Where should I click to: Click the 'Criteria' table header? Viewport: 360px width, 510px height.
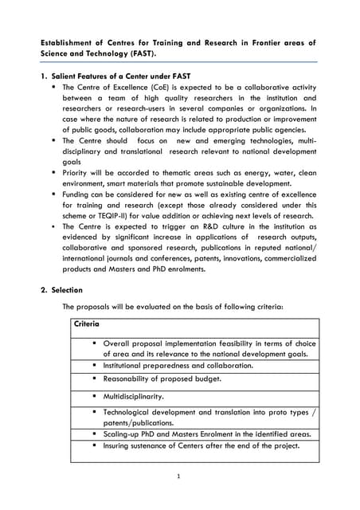pos(86,324)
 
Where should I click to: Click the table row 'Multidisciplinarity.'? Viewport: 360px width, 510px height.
pos(133,395)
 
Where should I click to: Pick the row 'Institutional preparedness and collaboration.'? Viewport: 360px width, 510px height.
pos(178,365)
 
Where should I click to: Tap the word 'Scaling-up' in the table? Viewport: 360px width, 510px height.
pos(123,434)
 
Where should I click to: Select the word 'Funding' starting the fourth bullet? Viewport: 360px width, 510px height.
pos(77,193)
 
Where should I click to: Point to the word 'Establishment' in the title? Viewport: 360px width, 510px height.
pos(71,41)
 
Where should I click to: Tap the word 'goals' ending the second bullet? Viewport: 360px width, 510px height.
pos(73,160)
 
